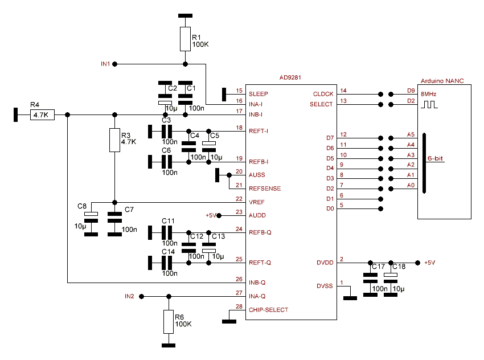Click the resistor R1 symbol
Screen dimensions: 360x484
point(185,38)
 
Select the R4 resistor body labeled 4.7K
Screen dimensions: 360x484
point(43,115)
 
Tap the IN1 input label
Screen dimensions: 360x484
point(105,64)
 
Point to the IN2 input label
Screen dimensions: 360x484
point(129,296)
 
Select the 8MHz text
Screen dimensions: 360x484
point(429,94)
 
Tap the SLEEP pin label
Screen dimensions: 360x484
point(259,93)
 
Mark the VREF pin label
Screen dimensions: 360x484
point(257,202)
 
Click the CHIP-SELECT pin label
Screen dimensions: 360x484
point(269,310)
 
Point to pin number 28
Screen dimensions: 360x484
point(239,307)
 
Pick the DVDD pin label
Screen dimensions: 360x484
point(325,263)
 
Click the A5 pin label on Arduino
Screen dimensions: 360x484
point(411,134)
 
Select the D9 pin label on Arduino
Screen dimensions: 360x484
point(411,91)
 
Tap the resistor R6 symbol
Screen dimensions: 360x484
point(168,322)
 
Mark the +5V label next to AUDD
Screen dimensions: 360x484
point(211,215)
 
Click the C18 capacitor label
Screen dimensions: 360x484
point(399,267)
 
